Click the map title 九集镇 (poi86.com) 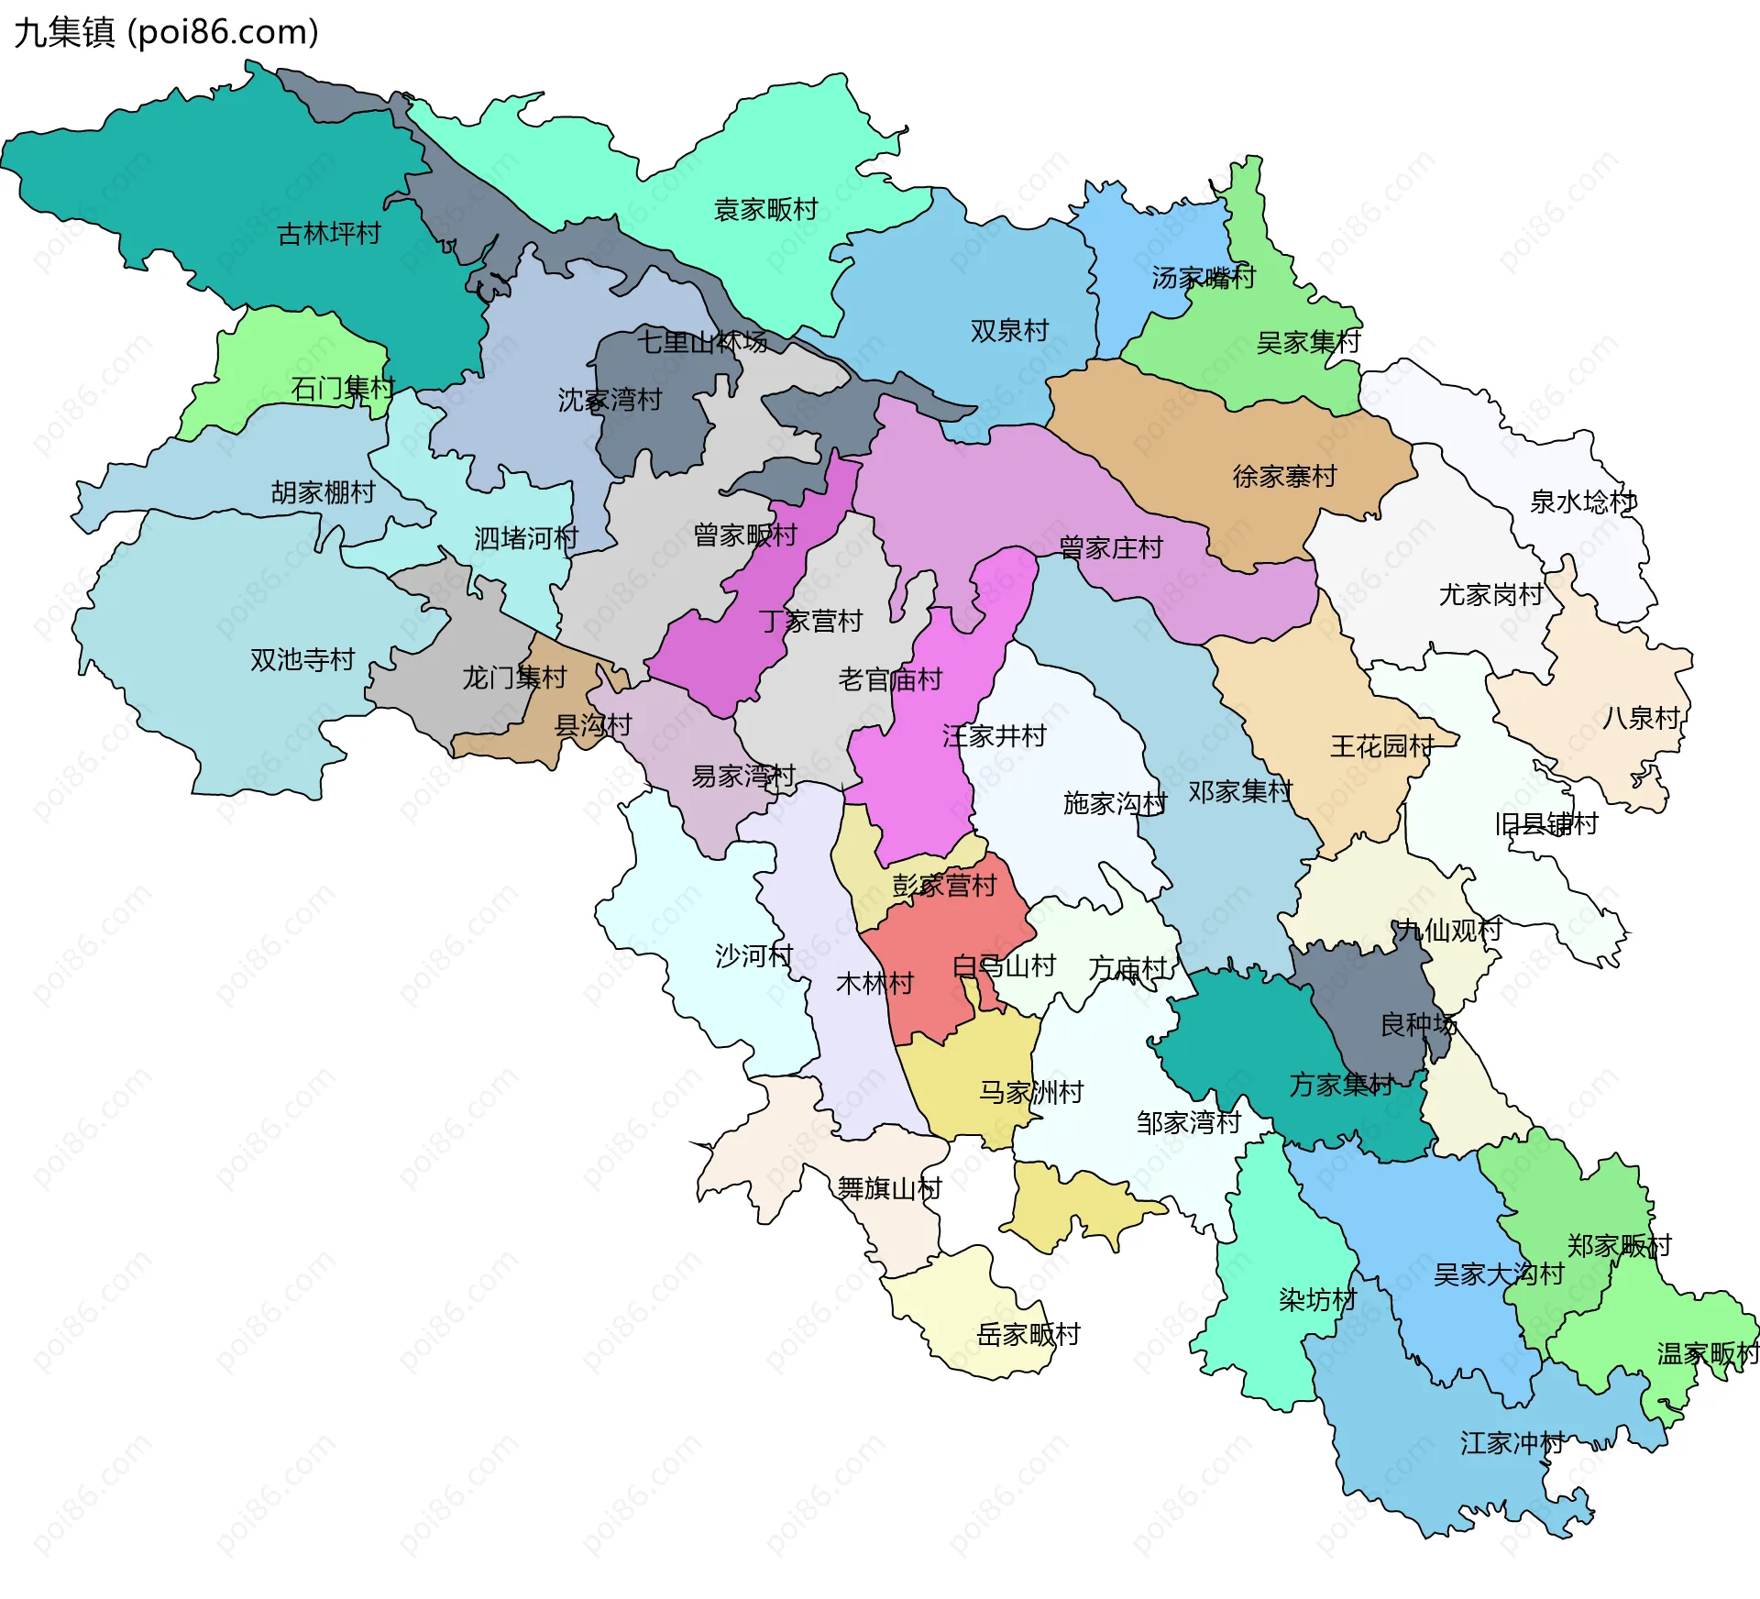point(166,33)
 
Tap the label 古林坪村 point(329,234)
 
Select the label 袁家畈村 point(765,210)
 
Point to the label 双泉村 point(1009,331)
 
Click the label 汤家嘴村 point(1203,277)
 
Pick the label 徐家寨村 point(1284,477)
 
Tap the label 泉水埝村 point(1582,502)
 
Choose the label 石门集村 point(343,389)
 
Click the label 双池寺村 point(302,660)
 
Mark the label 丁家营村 point(810,622)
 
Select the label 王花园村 point(1381,746)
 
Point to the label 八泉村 point(1641,718)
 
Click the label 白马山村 point(1004,965)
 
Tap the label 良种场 point(1418,1024)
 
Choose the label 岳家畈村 point(1028,1334)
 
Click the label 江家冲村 point(1512,1443)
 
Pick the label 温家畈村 point(1708,1353)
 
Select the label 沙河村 point(753,956)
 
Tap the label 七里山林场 point(702,342)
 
